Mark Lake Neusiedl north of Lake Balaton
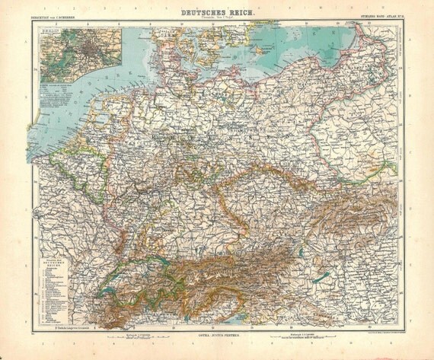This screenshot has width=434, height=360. tap(347, 254)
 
